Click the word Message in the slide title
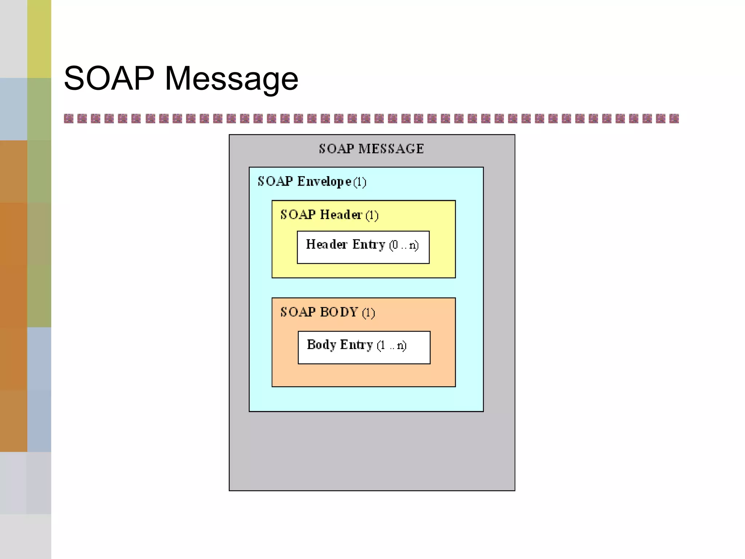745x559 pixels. click(231, 79)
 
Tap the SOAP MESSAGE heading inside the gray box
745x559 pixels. click(371, 148)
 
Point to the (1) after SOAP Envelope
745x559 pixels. click(360, 182)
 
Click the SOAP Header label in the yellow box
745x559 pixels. click(321, 215)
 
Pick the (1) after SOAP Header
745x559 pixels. click(372, 215)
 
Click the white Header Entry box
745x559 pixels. click(363, 247)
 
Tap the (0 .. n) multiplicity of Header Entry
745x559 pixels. click(404, 245)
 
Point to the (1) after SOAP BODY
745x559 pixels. click(368, 313)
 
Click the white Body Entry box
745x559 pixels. click(364, 348)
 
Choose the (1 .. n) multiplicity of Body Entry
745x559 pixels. click(391, 345)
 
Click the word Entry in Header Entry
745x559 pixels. click(368, 244)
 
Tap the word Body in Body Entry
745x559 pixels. click(321, 345)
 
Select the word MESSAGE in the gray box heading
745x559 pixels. click(391, 148)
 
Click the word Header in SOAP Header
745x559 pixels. click(341, 215)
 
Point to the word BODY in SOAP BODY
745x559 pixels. click(339, 312)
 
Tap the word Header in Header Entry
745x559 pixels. click(327, 244)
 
